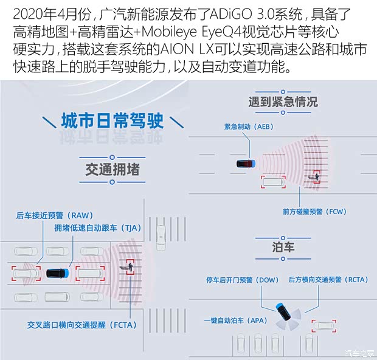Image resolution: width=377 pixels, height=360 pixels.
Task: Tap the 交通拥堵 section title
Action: [x=112, y=170]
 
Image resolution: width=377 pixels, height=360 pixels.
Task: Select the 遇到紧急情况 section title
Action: [x=283, y=101]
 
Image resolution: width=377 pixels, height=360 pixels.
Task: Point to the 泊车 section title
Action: [x=283, y=246]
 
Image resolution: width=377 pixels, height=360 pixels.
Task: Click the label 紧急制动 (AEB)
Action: [x=249, y=126]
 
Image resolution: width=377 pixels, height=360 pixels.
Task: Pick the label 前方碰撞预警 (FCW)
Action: [x=314, y=212]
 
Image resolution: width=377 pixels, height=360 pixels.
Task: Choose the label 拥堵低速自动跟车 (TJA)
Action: [x=97, y=228]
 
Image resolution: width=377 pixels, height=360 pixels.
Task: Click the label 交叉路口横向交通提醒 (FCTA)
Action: [x=83, y=325]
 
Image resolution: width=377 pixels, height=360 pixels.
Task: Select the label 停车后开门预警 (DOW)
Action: [x=243, y=280]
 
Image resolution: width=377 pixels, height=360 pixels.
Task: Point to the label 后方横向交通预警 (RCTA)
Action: [x=328, y=280]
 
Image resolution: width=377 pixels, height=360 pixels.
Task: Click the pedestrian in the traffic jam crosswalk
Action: [x=129, y=268]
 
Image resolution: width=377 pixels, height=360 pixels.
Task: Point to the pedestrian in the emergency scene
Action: [x=316, y=177]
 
